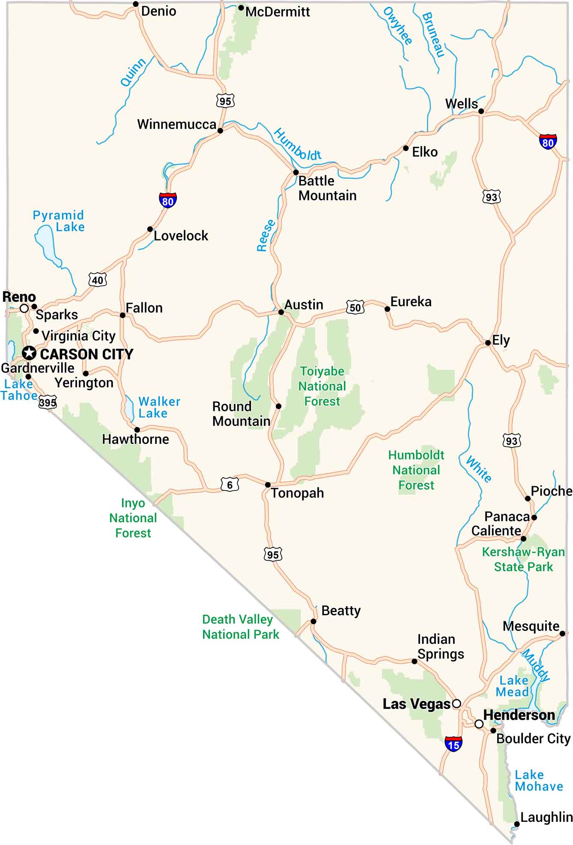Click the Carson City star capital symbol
pyautogui.click(x=29, y=353)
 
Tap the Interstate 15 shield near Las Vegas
pyautogui.click(x=453, y=744)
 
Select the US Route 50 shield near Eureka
pyautogui.click(x=355, y=307)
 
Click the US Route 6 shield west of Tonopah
pyautogui.click(x=230, y=485)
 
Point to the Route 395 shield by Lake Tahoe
pyautogui.click(x=48, y=402)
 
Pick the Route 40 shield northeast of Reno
pyautogui.click(x=98, y=280)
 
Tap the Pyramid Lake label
pyautogui.click(x=59, y=221)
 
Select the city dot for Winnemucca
pyautogui.click(x=220, y=131)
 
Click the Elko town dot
pyautogui.click(x=406, y=148)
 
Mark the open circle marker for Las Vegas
pyautogui.click(x=457, y=703)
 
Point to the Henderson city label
pyautogui.click(x=519, y=715)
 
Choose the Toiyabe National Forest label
pyautogui.click(x=322, y=386)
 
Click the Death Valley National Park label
pyautogui.click(x=240, y=627)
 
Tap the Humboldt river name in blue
pyautogui.click(x=297, y=145)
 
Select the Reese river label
pyautogui.click(x=266, y=235)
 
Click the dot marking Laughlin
pyautogui.click(x=517, y=824)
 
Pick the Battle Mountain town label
pyautogui.click(x=327, y=188)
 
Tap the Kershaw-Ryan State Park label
pyautogui.click(x=523, y=559)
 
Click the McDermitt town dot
pyautogui.click(x=241, y=8)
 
